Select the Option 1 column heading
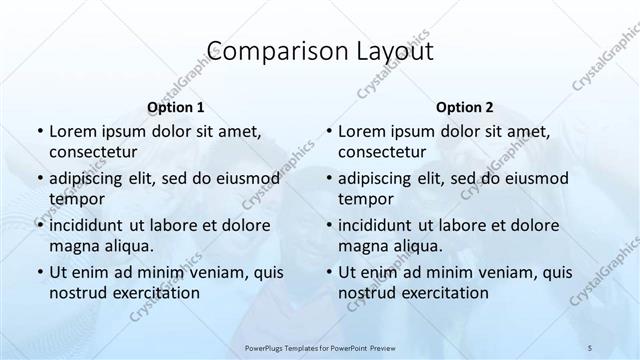pyautogui.click(x=176, y=106)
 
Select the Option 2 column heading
pyautogui.click(x=465, y=106)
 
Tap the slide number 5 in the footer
pyautogui.click(x=590, y=348)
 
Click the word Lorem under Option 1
pyautogui.click(x=71, y=131)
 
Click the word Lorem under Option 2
pyautogui.click(x=360, y=131)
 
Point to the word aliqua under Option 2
pyautogui.click(x=415, y=246)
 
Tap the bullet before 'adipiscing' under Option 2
pyautogui.click(x=327, y=179)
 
